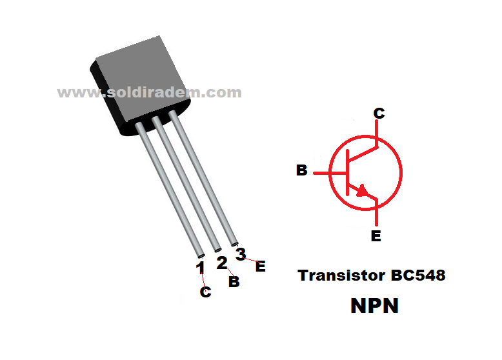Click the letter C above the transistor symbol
[x=379, y=114]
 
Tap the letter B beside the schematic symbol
[x=301, y=171]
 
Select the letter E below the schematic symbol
[x=376, y=236]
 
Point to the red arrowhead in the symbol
[x=365, y=190]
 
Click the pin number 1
[x=200, y=267]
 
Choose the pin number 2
[x=221, y=263]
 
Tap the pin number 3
[x=241, y=254]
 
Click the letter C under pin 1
[x=205, y=292]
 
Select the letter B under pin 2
[x=234, y=282]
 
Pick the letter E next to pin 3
[x=260, y=266]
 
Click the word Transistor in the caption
[x=341, y=275]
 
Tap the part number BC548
[x=417, y=275]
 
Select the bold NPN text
[x=374, y=305]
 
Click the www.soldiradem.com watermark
[x=150, y=92]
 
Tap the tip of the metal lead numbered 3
[x=234, y=241]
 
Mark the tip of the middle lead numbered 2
[x=217, y=246]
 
